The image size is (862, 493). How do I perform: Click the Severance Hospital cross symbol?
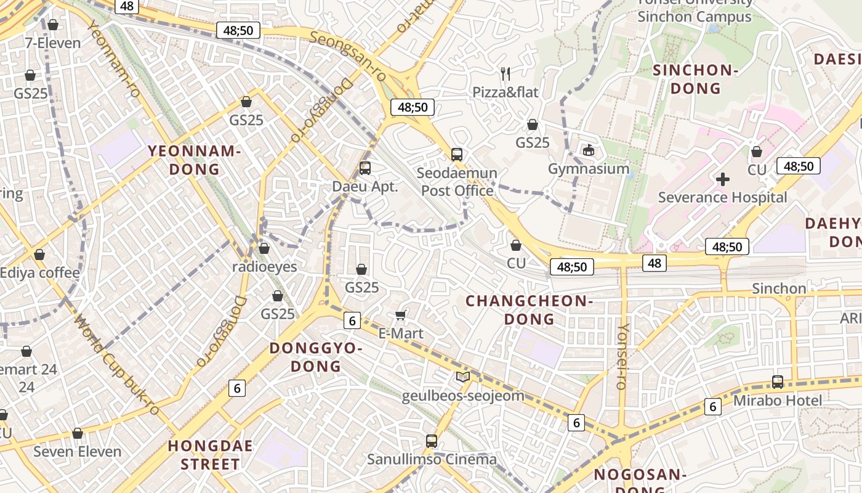pos(723,179)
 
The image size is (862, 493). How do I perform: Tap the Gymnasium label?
pos(589,169)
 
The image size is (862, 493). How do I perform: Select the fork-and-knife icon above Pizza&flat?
pos(506,74)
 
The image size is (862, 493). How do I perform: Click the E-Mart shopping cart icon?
pos(400,316)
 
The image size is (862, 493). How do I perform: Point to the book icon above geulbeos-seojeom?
pos(463,377)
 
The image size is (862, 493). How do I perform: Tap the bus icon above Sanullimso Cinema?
pos(432,441)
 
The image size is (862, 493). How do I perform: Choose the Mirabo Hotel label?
pos(777,401)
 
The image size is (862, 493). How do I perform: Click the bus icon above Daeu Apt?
pos(365,168)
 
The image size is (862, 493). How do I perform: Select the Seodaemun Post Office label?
pos(457,182)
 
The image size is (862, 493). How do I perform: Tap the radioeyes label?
pos(264,267)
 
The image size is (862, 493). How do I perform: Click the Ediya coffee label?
pos(40,272)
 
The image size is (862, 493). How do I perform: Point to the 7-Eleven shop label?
pos(53,43)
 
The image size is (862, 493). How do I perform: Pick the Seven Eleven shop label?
pos(78,451)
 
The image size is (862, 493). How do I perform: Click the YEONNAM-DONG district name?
pos(193,160)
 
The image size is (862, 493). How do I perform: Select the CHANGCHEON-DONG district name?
pos(529,310)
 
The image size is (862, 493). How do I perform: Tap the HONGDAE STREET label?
pos(211,455)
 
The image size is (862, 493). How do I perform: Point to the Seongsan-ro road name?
pos(348,55)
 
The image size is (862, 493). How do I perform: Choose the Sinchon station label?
pos(779,288)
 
